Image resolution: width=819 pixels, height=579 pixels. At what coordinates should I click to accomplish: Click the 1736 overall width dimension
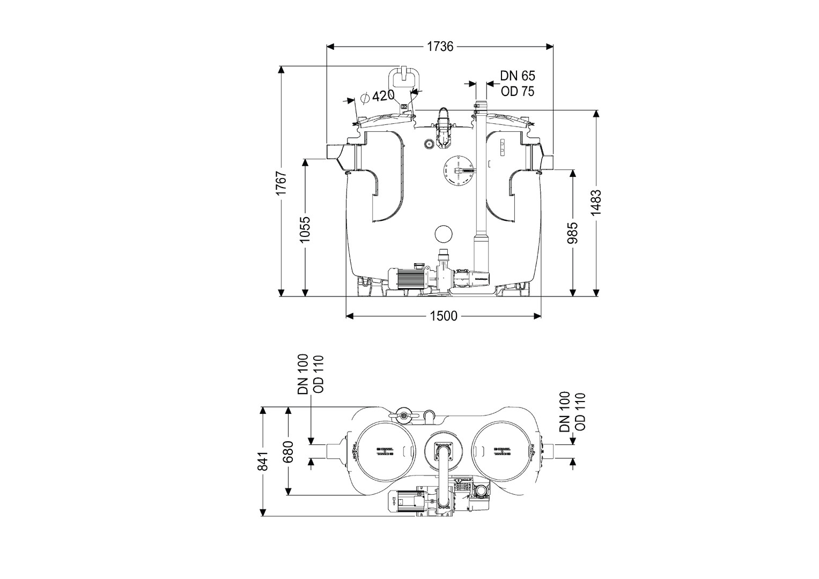pyautogui.click(x=440, y=47)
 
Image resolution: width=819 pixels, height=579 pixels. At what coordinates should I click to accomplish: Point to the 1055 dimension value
pyautogui.click(x=305, y=230)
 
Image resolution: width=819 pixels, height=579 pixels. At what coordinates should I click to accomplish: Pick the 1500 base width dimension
pyautogui.click(x=444, y=316)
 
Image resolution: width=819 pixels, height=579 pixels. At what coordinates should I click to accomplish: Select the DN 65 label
pyautogui.click(x=518, y=76)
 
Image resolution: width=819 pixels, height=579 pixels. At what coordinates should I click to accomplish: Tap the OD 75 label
pyautogui.click(x=518, y=91)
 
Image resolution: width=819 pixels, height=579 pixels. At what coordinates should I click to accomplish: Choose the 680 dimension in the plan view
pyautogui.click(x=289, y=451)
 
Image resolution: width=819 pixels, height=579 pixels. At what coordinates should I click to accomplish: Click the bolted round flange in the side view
pyautogui.click(x=460, y=172)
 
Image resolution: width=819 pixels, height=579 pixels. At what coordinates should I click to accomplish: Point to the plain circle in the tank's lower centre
pyautogui.click(x=444, y=234)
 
